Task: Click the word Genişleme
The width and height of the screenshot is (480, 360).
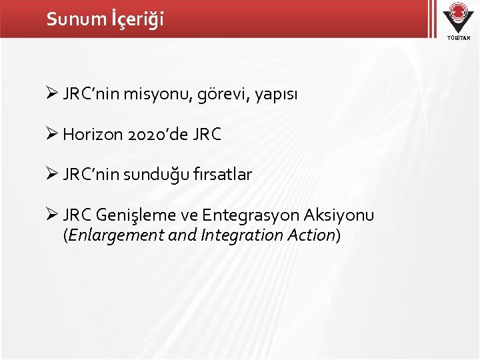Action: click(x=146, y=215)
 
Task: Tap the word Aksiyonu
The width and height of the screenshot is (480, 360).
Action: click(x=341, y=215)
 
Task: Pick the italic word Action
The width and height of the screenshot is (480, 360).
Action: click(x=312, y=235)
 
